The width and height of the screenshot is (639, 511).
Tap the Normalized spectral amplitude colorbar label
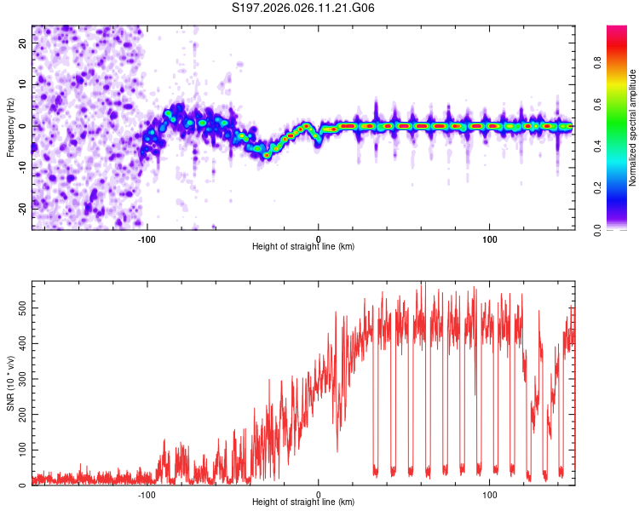click(x=633, y=128)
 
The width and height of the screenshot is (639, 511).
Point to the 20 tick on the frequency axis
click(x=24, y=43)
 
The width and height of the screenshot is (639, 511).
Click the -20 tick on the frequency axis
click(x=22, y=207)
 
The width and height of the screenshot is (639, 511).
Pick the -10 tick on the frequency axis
click(x=22, y=166)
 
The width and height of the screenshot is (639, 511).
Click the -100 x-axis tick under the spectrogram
click(x=147, y=238)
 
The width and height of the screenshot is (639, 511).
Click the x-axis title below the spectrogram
click(x=303, y=247)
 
